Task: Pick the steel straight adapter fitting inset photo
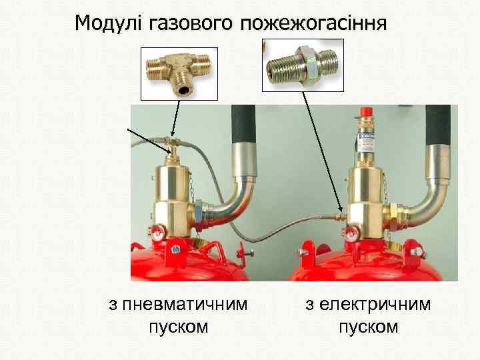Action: [x=304, y=65]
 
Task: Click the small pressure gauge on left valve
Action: [x=156, y=233]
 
